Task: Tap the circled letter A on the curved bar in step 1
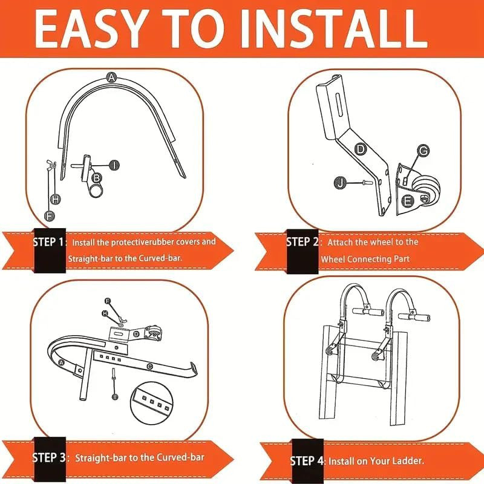tap(111, 77)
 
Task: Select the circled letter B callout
tap(96, 178)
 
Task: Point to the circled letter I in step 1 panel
tap(115, 165)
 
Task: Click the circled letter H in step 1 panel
tap(55, 199)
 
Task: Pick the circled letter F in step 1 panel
tap(50, 214)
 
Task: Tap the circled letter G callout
tap(423, 151)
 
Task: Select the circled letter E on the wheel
tap(408, 200)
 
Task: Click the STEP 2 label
tap(302, 242)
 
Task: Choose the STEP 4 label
tap(307, 461)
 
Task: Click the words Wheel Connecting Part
tap(365, 259)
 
